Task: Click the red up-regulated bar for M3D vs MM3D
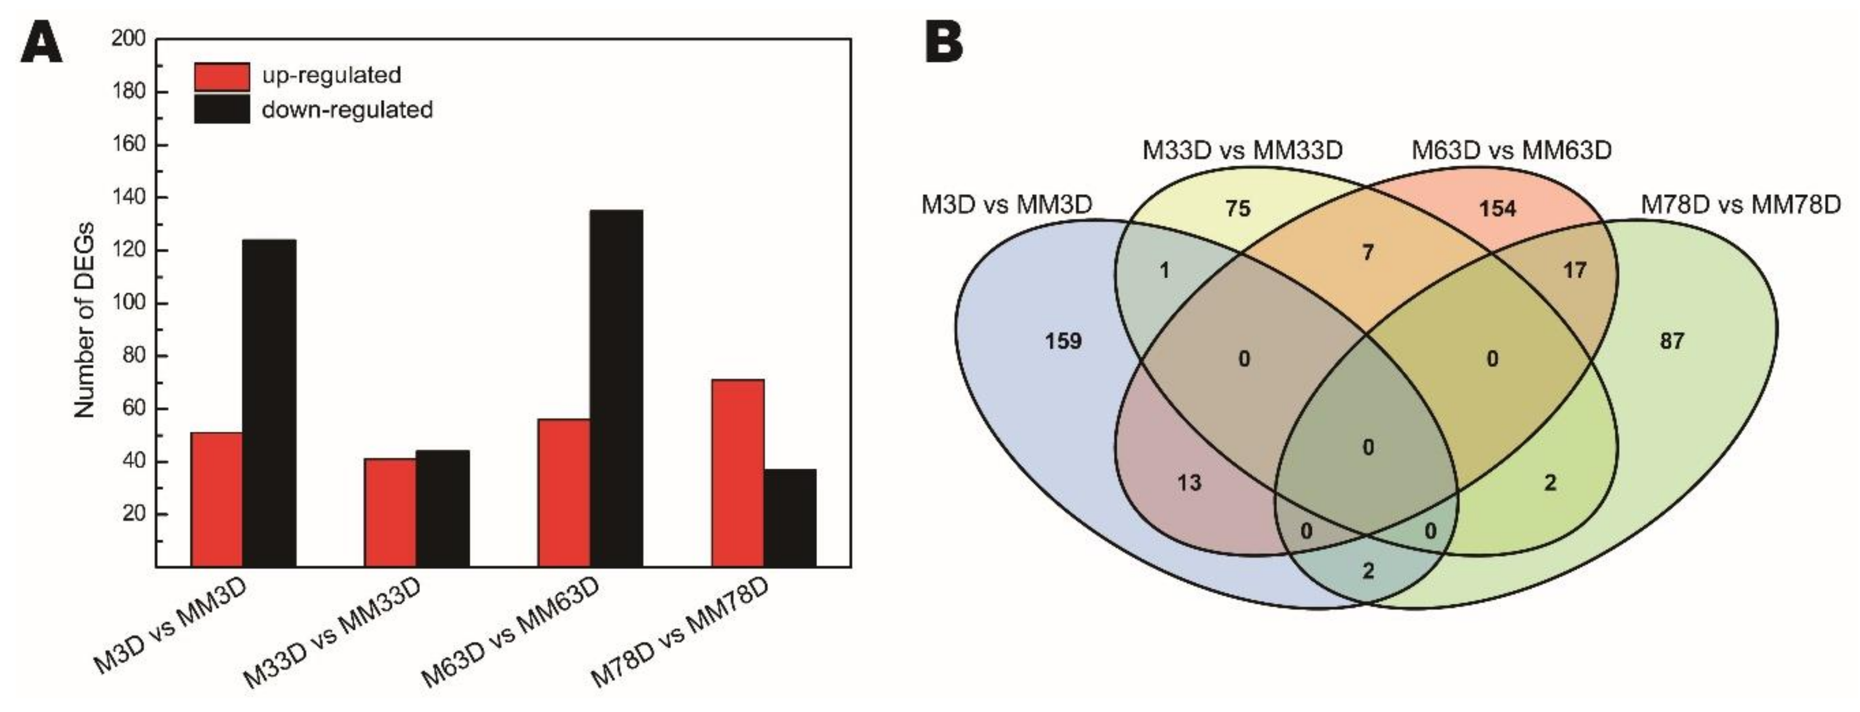click(x=216, y=499)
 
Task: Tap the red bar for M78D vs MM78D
click(x=737, y=472)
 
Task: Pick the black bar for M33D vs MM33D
click(x=442, y=507)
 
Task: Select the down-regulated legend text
click(x=347, y=110)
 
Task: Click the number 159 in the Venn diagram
click(x=1063, y=340)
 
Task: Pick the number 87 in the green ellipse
click(x=1671, y=340)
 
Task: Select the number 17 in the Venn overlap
click(x=1574, y=270)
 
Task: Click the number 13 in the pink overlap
click(x=1189, y=482)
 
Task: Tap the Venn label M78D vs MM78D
click(x=1740, y=205)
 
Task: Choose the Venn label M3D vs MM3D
click(x=1007, y=205)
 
